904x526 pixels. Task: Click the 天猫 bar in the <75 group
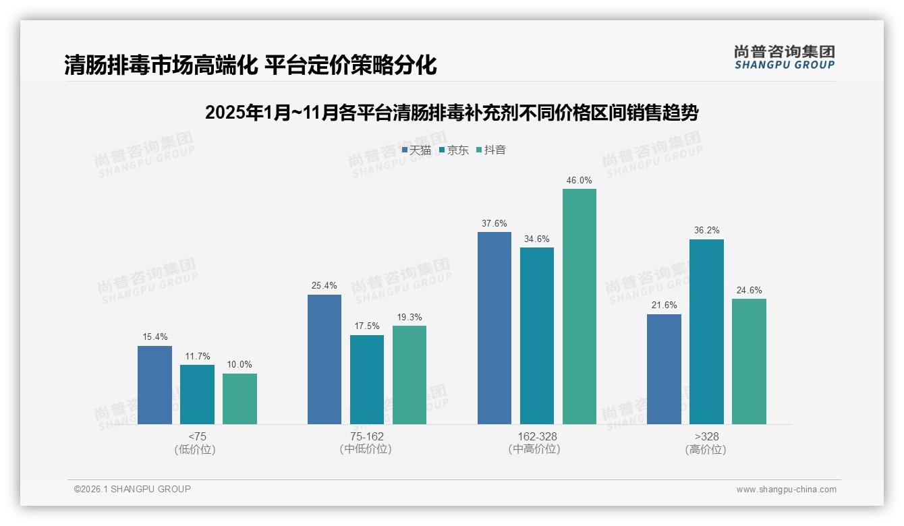[154, 385]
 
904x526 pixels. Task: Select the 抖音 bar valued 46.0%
[580, 307]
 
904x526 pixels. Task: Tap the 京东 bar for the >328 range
[706, 332]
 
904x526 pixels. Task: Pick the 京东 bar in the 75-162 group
[367, 380]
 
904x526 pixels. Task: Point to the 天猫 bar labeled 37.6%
[495, 328]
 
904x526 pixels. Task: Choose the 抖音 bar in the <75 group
[239, 399]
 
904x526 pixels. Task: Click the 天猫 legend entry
[416, 150]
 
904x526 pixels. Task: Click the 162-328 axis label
[537, 436]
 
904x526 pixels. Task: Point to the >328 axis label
[706, 436]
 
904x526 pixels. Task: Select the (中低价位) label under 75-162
[366, 449]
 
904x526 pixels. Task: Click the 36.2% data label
[706, 231]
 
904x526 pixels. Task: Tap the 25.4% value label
[324, 286]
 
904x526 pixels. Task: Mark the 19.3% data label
[409, 317]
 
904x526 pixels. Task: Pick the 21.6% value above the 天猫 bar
[664, 305]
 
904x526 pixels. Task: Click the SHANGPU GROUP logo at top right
[784, 57]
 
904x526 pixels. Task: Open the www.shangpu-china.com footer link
[786, 490]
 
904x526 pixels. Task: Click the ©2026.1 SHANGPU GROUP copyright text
[132, 489]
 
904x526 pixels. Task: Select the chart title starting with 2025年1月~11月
[451, 113]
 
